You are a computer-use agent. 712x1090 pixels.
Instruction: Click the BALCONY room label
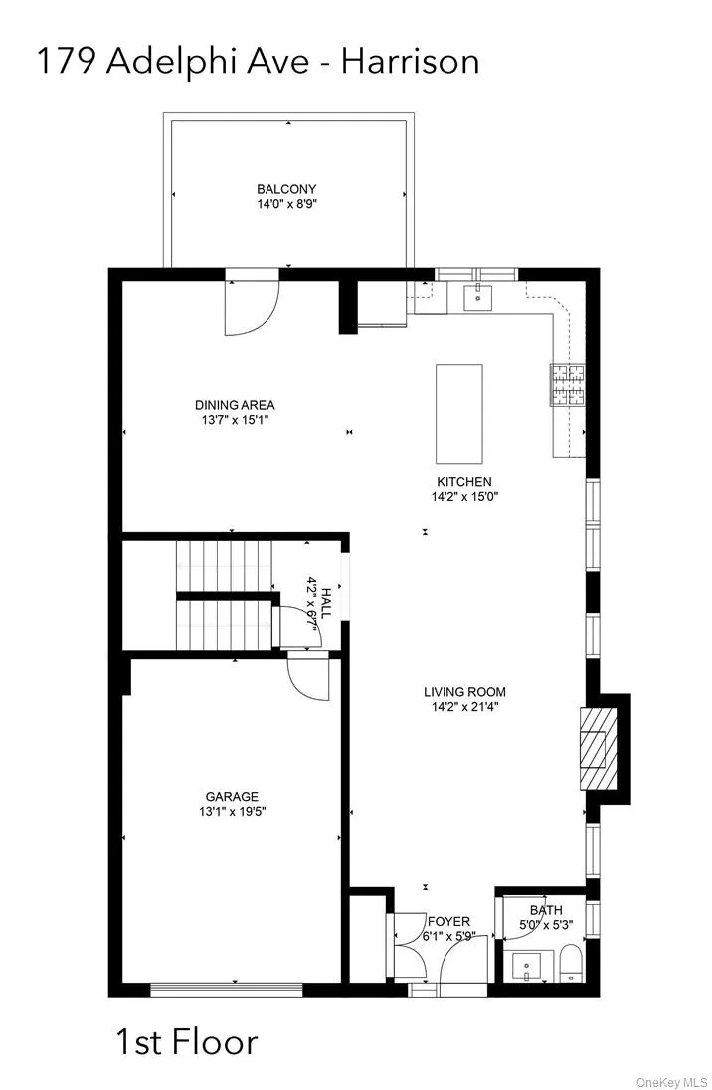(x=286, y=189)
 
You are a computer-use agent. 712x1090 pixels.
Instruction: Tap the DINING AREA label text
(x=235, y=405)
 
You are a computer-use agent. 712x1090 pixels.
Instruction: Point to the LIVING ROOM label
(x=465, y=692)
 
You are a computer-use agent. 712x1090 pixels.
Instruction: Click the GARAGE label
(x=232, y=796)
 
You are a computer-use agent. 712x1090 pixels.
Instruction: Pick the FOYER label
(x=448, y=921)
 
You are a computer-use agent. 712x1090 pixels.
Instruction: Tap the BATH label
(x=546, y=909)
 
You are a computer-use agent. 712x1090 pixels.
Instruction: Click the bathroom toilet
(x=571, y=964)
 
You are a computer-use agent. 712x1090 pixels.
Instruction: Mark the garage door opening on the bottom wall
(x=226, y=989)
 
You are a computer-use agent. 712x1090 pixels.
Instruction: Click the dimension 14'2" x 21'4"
(x=465, y=708)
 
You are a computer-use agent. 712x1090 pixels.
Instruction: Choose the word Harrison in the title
(x=411, y=62)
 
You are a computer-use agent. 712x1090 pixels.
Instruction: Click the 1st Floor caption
(x=187, y=1043)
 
